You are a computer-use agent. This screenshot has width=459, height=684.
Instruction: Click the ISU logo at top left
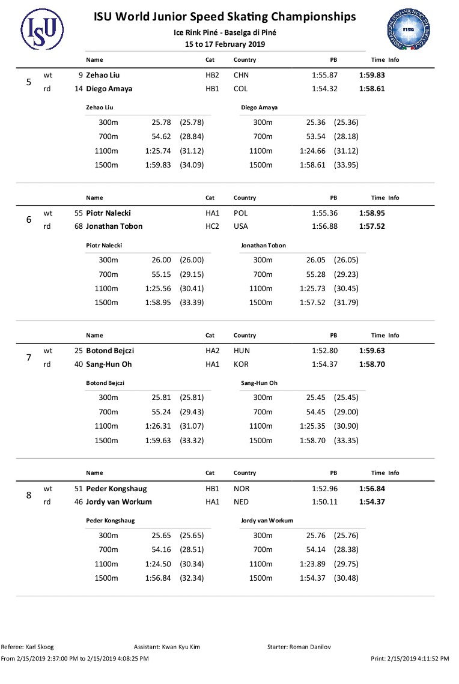point(42,27)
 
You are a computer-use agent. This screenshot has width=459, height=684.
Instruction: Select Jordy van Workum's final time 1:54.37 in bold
point(371,502)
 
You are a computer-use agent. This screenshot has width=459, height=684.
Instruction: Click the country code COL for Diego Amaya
point(240,89)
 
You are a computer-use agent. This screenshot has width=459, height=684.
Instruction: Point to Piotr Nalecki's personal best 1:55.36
point(324,213)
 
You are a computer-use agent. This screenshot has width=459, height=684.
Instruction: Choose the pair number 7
point(29,358)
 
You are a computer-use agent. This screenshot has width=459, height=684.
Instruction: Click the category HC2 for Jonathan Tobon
point(212,226)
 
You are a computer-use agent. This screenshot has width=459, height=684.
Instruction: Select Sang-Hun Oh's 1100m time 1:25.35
point(312,426)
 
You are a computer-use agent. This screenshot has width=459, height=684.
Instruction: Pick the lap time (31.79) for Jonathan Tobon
point(346,303)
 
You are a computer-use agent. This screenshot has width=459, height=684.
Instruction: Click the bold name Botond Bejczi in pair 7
point(113,351)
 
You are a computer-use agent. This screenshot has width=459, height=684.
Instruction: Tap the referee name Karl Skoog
point(39,647)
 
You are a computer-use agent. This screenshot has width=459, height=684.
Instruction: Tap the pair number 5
point(29,82)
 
